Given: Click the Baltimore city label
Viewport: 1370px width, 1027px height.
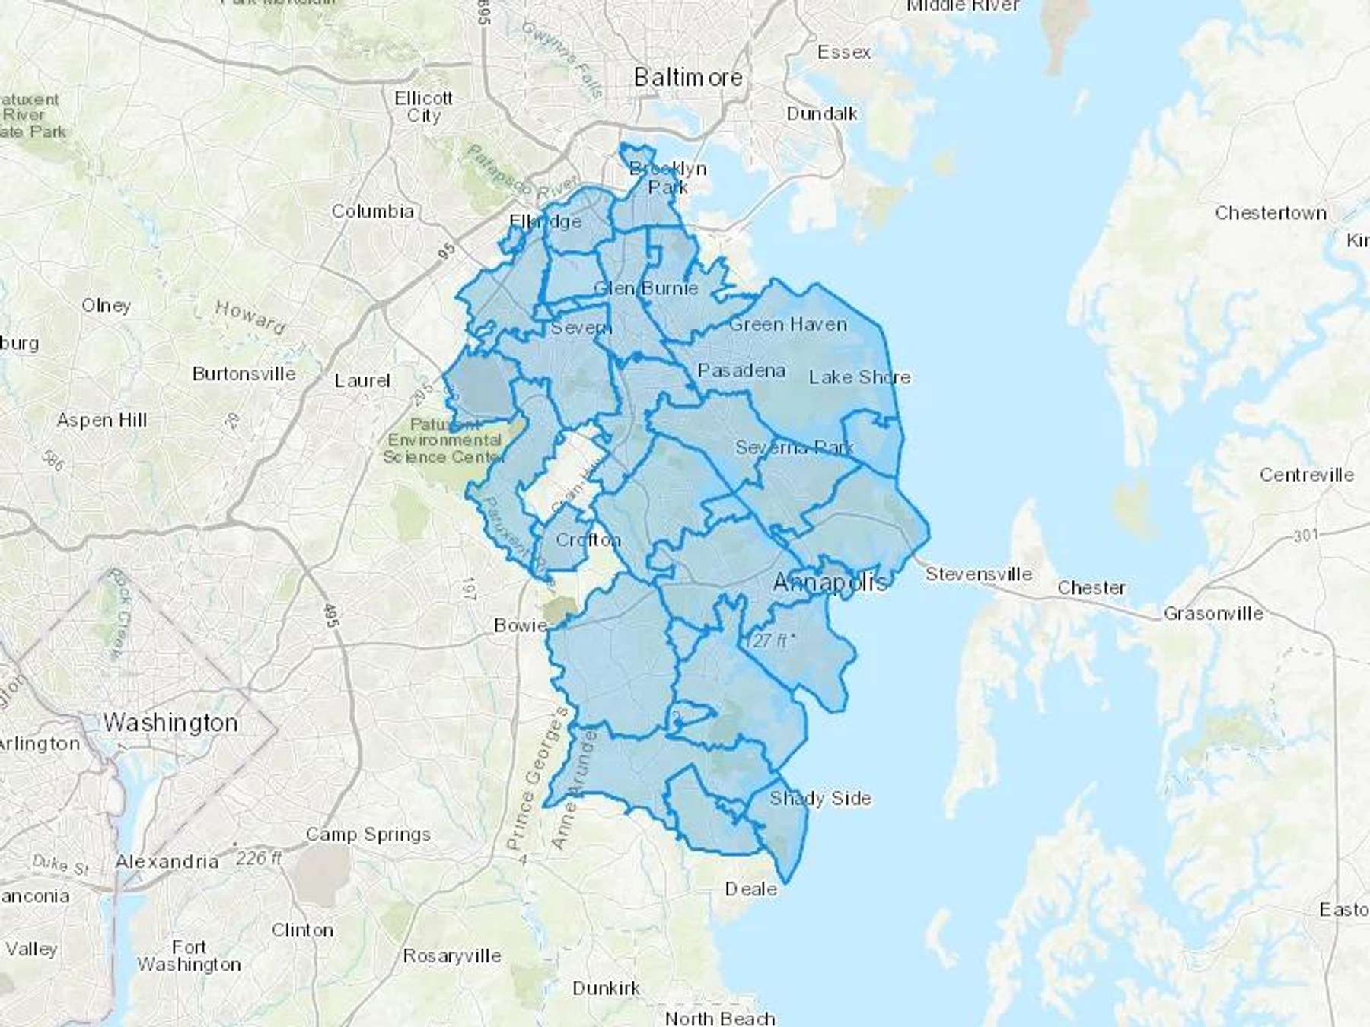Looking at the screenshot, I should [x=688, y=78].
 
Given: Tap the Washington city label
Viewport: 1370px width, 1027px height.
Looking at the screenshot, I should [x=170, y=722].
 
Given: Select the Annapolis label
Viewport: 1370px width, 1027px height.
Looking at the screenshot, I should [x=830, y=583].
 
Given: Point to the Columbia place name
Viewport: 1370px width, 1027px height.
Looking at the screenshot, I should [x=372, y=211].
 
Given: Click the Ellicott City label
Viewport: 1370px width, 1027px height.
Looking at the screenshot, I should [x=424, y=107].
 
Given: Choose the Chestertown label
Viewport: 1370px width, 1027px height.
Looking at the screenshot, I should [x=1270, y=213].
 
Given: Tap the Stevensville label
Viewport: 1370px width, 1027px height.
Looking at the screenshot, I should [x=979, y=574].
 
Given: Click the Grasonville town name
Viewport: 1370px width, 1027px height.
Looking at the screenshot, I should [x=1213, y=613].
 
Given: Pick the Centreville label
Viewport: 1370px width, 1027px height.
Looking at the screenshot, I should [x=1306, y=475].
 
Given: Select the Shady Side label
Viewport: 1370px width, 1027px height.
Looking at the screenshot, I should [x=820, y=798].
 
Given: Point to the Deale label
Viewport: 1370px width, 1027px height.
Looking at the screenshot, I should [x=751, y=889].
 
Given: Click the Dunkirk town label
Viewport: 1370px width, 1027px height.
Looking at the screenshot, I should [x=607, y=988].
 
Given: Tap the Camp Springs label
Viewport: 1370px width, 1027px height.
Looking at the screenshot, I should [x=368, y=835].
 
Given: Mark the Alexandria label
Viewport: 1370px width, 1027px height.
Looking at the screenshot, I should [x=167, y=861].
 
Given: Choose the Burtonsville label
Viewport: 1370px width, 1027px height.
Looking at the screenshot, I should [x=244, y=374].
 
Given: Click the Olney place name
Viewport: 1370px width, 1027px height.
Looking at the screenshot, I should [x=106, y=305].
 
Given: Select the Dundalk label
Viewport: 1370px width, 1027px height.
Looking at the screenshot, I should [x=821, y=113].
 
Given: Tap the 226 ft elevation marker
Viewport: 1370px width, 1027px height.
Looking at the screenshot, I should [x=257, y=858].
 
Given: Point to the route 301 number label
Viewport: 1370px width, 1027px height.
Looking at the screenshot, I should [x=1305, y=536].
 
